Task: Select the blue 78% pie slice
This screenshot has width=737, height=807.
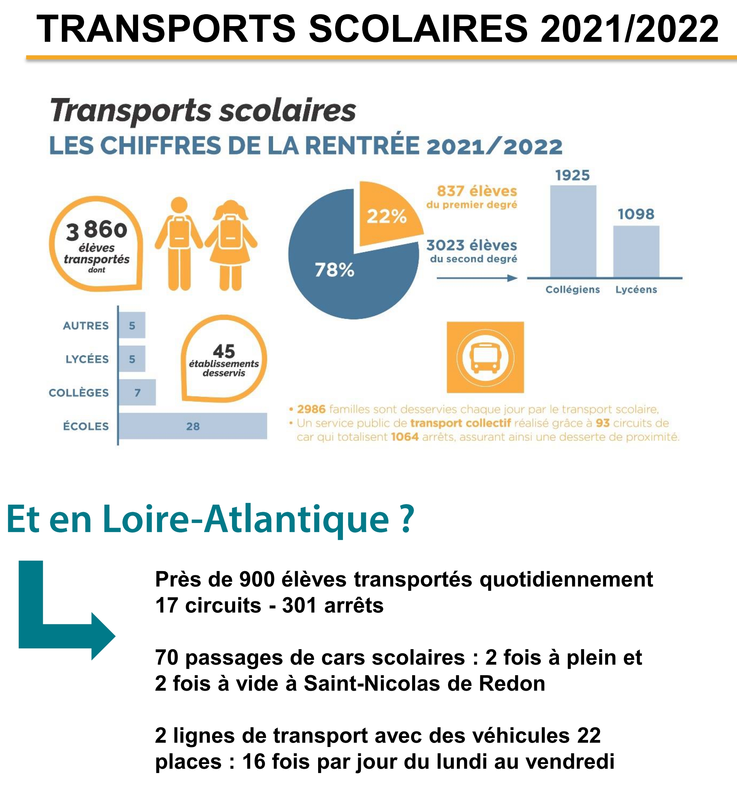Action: pos(345,276)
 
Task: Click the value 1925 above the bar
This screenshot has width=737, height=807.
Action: pos(573,175)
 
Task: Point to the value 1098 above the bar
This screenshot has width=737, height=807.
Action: pos(636,214)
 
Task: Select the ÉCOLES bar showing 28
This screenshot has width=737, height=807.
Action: pos(193,426)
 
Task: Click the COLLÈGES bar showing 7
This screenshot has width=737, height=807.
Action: pos(137,392)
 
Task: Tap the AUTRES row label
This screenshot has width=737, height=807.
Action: pos(86,325)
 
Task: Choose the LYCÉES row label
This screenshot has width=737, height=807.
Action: pos(87,359)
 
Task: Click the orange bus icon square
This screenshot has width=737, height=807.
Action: pos(485,357)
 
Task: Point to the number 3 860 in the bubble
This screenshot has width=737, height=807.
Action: pos(97,230)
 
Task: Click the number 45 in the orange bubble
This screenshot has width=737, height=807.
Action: pos(224,351)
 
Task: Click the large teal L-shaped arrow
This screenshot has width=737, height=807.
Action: pos(56,617)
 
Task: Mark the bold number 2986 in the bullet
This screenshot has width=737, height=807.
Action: pos(311,409)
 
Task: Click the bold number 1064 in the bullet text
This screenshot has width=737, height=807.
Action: pos(405,437)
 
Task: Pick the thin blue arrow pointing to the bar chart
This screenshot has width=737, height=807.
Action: pos(477,278)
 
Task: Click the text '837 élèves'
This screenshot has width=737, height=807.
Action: pos(477,191)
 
